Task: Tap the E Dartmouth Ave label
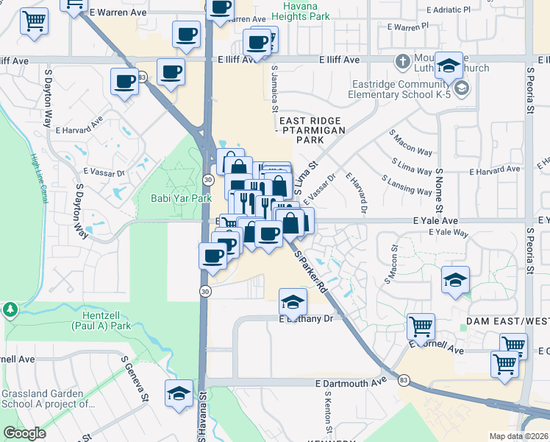coord(351,383)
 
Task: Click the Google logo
coord(24,433)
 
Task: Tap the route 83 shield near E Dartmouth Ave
coord(404,380)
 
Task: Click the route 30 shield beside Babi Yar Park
coord(209,179)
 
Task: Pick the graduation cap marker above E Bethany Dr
coord(293,301)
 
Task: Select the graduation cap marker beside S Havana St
coord(178,393)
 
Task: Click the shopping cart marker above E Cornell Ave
coord(421,325)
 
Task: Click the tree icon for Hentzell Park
coord(11,307)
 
